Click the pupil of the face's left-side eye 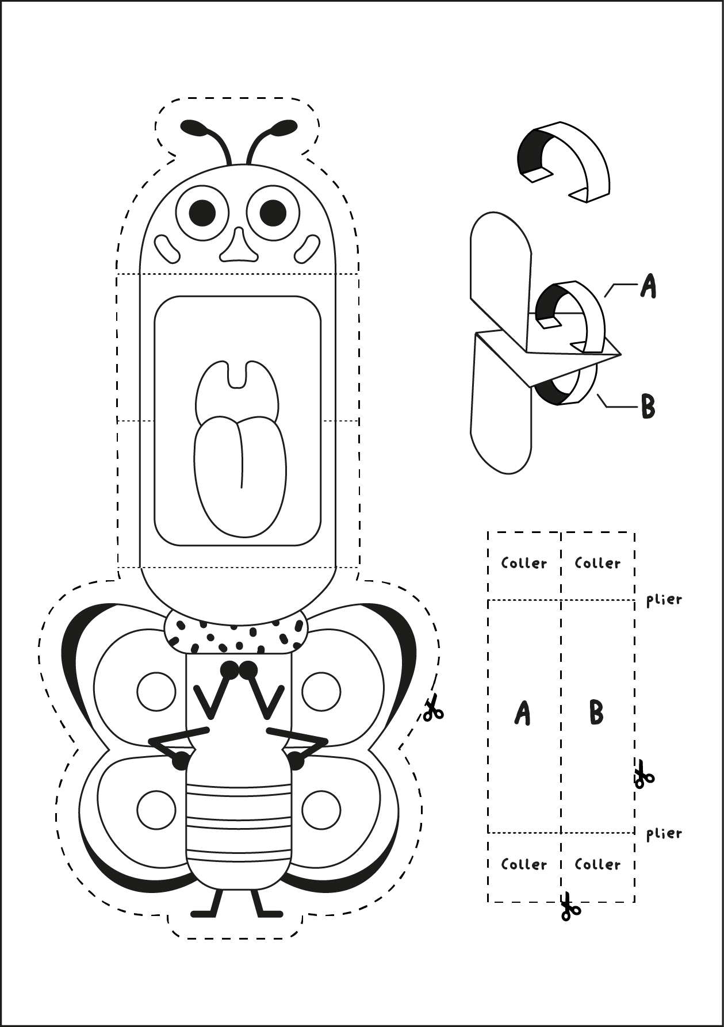[202, 213]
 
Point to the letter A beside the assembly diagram [648, 286]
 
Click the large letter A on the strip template [522, 714]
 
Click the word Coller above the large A [524, 563]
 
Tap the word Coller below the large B [597, 864]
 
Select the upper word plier [664, 600]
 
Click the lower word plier [664, 833]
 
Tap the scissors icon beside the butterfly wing [432, 709]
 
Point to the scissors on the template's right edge [643, 774]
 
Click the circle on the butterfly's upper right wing [321, 691]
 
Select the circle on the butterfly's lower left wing [156, 810]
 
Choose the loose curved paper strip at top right [564, 161]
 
